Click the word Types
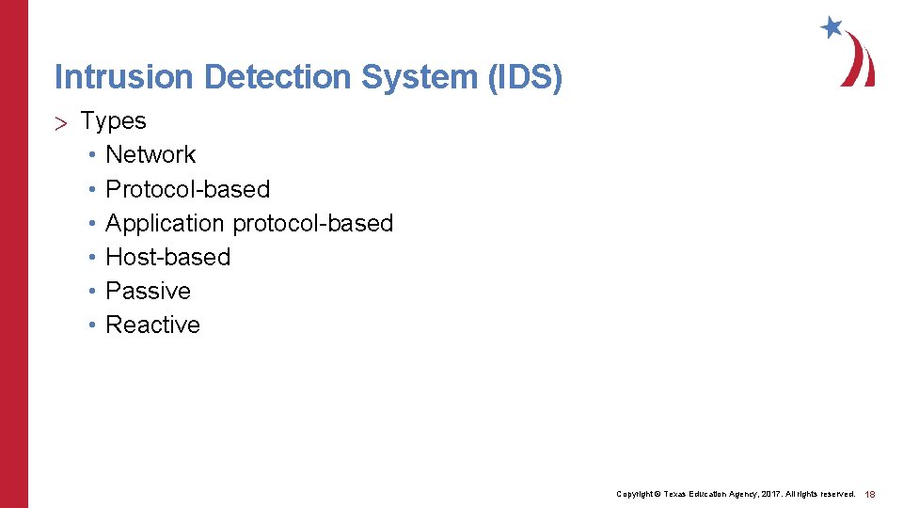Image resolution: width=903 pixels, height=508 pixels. [x=114, y=121]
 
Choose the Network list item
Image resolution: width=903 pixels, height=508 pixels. [x=150, y=155]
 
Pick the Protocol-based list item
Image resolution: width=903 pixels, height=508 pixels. [x=187, y=189]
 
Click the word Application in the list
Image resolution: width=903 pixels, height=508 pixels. [x=166, y=223]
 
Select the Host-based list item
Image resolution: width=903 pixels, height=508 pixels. [x=167, y=257]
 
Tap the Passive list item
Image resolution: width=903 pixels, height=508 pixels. [x=148, y=291]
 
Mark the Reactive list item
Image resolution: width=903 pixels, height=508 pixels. [x=152, y=325]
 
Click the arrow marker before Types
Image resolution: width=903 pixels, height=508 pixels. [x=62, y=122]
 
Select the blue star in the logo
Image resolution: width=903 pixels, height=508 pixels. [x=832, y=26]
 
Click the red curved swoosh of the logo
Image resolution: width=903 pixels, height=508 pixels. [x=859, y=61]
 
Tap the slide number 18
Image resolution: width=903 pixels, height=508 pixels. [x=870, y=494]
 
